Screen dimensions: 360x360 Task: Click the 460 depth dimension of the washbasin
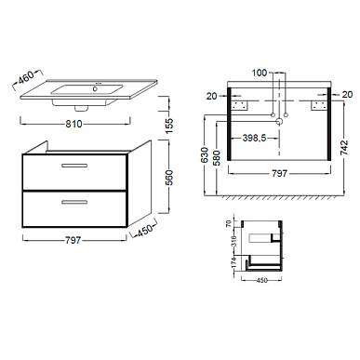(26, 77)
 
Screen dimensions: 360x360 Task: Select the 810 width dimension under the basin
(73, 124)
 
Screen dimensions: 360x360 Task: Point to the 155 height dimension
(169, 126)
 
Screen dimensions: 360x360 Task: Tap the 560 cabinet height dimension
(169, 178)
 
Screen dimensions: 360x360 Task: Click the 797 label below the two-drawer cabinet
(73, 240)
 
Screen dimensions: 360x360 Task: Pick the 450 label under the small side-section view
(262, 281)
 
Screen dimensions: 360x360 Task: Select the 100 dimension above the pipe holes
(260, 73)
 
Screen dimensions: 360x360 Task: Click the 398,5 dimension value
(254, 138)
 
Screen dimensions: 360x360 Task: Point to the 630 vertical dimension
(205, 155)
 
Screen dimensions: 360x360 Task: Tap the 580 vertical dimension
(217, 158)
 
